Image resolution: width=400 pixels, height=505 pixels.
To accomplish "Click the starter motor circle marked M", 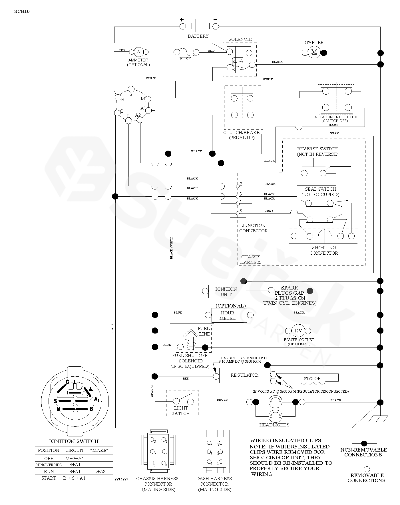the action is [x=314, y=52].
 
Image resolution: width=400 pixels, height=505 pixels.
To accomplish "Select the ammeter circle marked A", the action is [x=139, y=52].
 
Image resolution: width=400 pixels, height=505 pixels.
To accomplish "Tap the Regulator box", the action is [x=244, y=375].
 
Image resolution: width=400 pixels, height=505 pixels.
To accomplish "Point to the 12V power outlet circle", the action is [x=298, y=331].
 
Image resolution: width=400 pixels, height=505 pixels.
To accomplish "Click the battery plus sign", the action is [x=182, y=20].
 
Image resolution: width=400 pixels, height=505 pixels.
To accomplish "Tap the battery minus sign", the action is [x=215, y=20].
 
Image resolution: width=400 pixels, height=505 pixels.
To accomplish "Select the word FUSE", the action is [x=185, y=59].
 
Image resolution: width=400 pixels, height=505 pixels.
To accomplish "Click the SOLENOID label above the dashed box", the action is [x=240, y=39].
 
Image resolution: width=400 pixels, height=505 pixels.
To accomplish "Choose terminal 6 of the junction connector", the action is [x=238, y=213].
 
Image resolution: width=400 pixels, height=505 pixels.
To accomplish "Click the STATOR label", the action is [x=312, y=378].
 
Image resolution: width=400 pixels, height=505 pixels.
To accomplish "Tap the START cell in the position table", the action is [x=49, y=478].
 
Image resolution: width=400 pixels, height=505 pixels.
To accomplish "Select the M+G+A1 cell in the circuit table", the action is [x=75, y=458].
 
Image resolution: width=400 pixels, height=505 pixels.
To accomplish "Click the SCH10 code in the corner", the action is [x=22, y=11].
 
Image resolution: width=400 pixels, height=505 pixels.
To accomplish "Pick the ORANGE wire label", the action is [x=152, y=390].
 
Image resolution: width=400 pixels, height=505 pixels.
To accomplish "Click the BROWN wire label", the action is [x=222, y=400].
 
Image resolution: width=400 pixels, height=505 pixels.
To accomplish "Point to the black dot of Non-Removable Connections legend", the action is [x=364, y=443].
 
